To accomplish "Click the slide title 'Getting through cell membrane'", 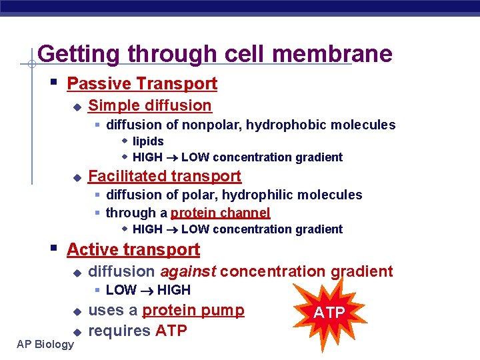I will point(215,53).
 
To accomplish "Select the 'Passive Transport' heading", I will point(142,83).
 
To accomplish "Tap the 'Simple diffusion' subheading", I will point(149,105).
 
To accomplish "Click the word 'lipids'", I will point(148,141).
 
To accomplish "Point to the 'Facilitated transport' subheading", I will point(165,176).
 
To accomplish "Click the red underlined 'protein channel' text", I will point(220,213).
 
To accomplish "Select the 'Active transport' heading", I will point(133,249).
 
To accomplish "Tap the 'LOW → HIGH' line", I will point(148,290).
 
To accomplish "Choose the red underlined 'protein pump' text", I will point(193,311).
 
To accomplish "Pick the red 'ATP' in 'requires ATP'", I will point(171,331).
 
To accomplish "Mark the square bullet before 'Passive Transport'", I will point(54,83).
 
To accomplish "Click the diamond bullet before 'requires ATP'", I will point(77,331).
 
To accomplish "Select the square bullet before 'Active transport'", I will point(54,249).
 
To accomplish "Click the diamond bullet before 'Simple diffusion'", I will point(77,107).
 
